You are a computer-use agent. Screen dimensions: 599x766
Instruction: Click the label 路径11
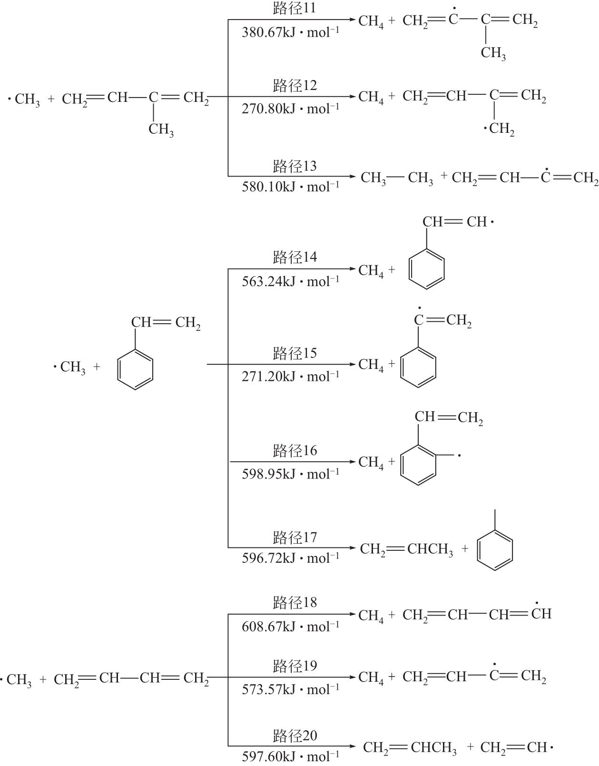point(295,8)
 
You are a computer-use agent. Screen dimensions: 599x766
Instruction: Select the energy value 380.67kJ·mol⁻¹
point(291,32)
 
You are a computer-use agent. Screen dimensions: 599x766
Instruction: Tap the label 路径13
point(295,166)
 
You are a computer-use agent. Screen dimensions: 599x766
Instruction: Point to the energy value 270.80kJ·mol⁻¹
point(291,109)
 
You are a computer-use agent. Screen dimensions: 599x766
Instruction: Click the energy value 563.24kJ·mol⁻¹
point(291,281)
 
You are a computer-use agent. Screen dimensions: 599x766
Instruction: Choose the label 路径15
point(295,353)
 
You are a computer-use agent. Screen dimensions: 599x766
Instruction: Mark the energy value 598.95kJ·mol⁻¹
point(291,474)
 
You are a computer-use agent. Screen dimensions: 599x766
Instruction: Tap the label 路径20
point(295,736)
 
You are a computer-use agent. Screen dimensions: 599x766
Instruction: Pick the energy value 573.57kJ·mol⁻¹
point(291,689)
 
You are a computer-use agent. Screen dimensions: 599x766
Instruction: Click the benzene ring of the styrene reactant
point(135,369)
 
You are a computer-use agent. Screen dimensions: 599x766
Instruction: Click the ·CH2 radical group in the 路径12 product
point(499,129)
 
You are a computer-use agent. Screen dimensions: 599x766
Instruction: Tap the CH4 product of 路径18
point(371,616)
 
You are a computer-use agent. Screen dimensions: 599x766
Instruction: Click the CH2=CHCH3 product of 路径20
point(410,748)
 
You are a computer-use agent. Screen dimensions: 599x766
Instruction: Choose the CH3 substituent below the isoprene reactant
point(161,129)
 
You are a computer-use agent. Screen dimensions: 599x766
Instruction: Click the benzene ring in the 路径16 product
point(418,465)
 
